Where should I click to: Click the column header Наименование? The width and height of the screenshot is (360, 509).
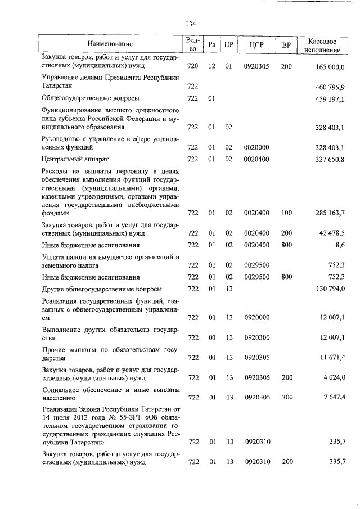pyautogui.click(x=110, y=44)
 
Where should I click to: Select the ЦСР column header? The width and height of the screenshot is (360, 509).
pyautogui.click(x=256, y=44)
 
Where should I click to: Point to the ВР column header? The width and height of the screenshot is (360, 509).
pyautogui.click(x=286, y=44)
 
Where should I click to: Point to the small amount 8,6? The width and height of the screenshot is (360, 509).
pyautogui.click(x=339, y=245)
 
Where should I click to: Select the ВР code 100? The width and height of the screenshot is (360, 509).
pyautogui.click(x=286, y=214)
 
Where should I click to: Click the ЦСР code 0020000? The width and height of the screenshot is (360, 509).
pyautogui.click(x=256, y=147)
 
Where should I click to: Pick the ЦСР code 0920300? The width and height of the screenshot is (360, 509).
pyautogui.click(x=256, y=337)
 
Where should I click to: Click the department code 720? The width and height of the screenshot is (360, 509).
pyautogui.click(x=193, y=67)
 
